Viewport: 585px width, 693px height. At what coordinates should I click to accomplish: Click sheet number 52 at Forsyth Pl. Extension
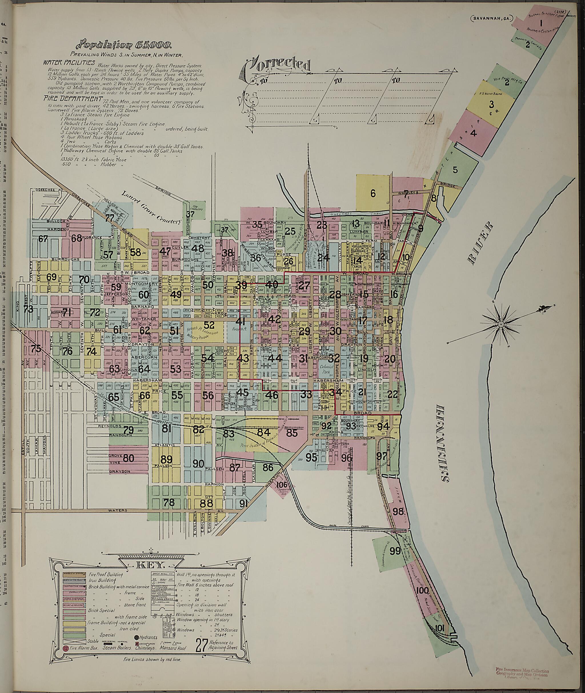tap(209, 325)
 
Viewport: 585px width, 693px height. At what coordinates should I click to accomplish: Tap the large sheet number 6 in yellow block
tap(373, 193)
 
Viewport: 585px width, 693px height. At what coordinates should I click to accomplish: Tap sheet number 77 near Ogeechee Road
tap(109, 218)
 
